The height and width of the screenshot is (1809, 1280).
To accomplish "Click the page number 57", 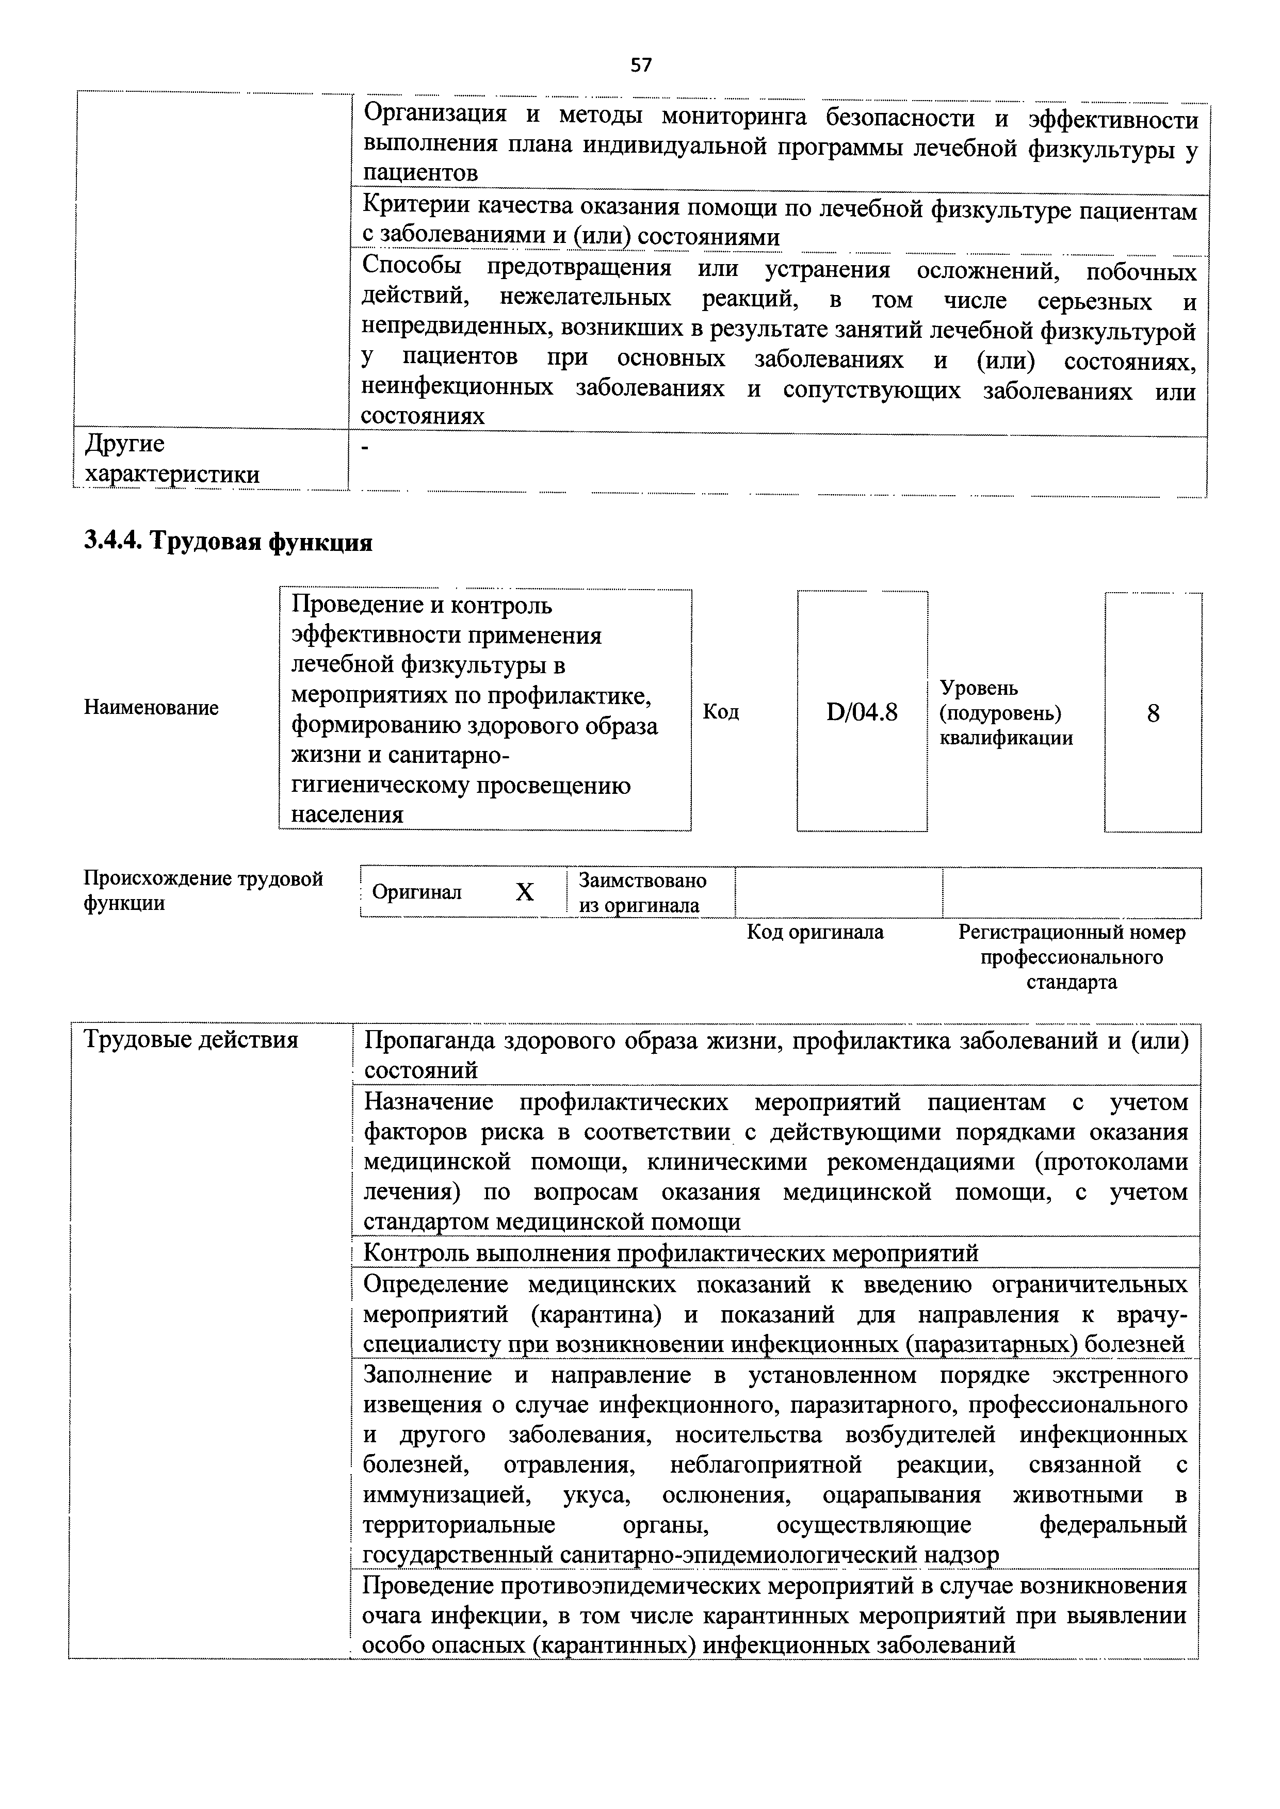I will click(641, 66).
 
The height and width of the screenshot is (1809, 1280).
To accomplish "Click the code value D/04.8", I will click(862, 713).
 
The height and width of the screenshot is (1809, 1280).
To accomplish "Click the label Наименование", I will click(151, 708).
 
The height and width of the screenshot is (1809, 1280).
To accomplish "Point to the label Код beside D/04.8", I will click(720, 713).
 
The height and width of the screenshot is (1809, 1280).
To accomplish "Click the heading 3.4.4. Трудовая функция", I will click(228, 542).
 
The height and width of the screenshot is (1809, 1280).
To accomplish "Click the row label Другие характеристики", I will click(172, 459).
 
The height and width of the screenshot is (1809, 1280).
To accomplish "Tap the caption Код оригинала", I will click(815, 933).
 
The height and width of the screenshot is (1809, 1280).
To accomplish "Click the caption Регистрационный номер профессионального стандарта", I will click(1071, 957).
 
